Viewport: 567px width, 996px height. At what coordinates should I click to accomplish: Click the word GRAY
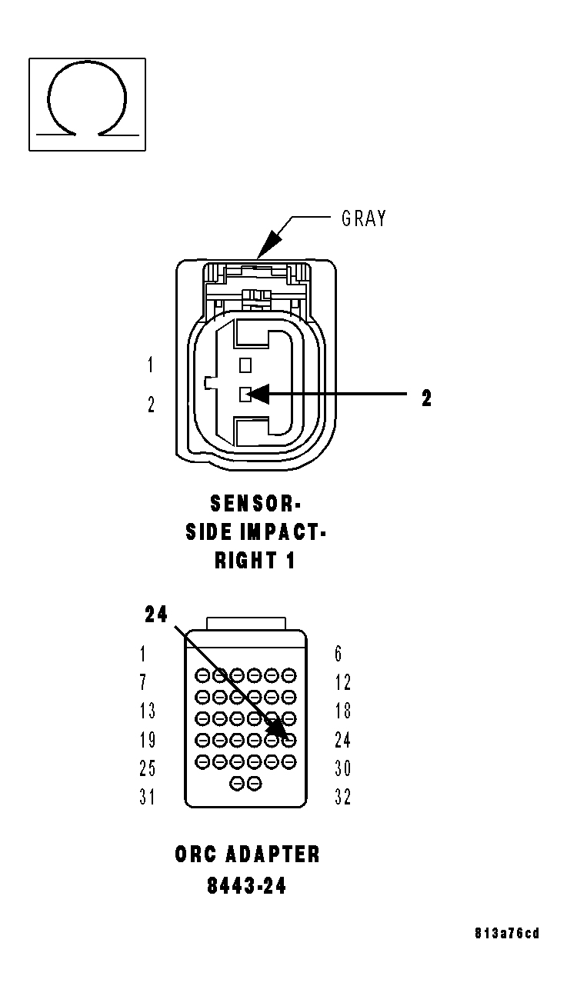click(364, 219)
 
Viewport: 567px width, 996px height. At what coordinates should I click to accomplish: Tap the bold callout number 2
click(426, 398)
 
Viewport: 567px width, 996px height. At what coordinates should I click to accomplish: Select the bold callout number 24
click(156, 615)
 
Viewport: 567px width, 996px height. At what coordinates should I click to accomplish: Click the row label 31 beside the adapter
click(147, 797)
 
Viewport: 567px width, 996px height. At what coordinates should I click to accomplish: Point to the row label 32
click(342, 797)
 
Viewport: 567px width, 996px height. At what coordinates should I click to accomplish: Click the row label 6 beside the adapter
click(339, 654)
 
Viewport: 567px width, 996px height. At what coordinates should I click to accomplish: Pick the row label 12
click(342, 682)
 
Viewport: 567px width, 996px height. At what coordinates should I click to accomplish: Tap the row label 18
click(342, 711)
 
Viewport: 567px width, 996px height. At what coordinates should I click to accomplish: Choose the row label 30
click(342, 768)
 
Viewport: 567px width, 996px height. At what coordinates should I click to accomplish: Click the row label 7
click(144, 682)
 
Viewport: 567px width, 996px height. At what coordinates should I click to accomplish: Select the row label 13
click(147, 711)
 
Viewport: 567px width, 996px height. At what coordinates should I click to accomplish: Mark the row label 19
click(147, 739)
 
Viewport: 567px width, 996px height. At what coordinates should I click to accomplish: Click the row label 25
click(147, 768)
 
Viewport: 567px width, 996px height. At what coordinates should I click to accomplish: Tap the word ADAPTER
click(272, 854)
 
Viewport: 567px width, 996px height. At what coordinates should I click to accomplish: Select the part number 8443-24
click(246, 886)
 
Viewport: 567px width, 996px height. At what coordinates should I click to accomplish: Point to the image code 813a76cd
click(507, 934)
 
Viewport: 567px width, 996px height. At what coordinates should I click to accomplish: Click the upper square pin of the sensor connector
click(245, 365)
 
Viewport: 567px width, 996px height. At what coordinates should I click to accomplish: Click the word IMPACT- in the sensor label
click(283, 532)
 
